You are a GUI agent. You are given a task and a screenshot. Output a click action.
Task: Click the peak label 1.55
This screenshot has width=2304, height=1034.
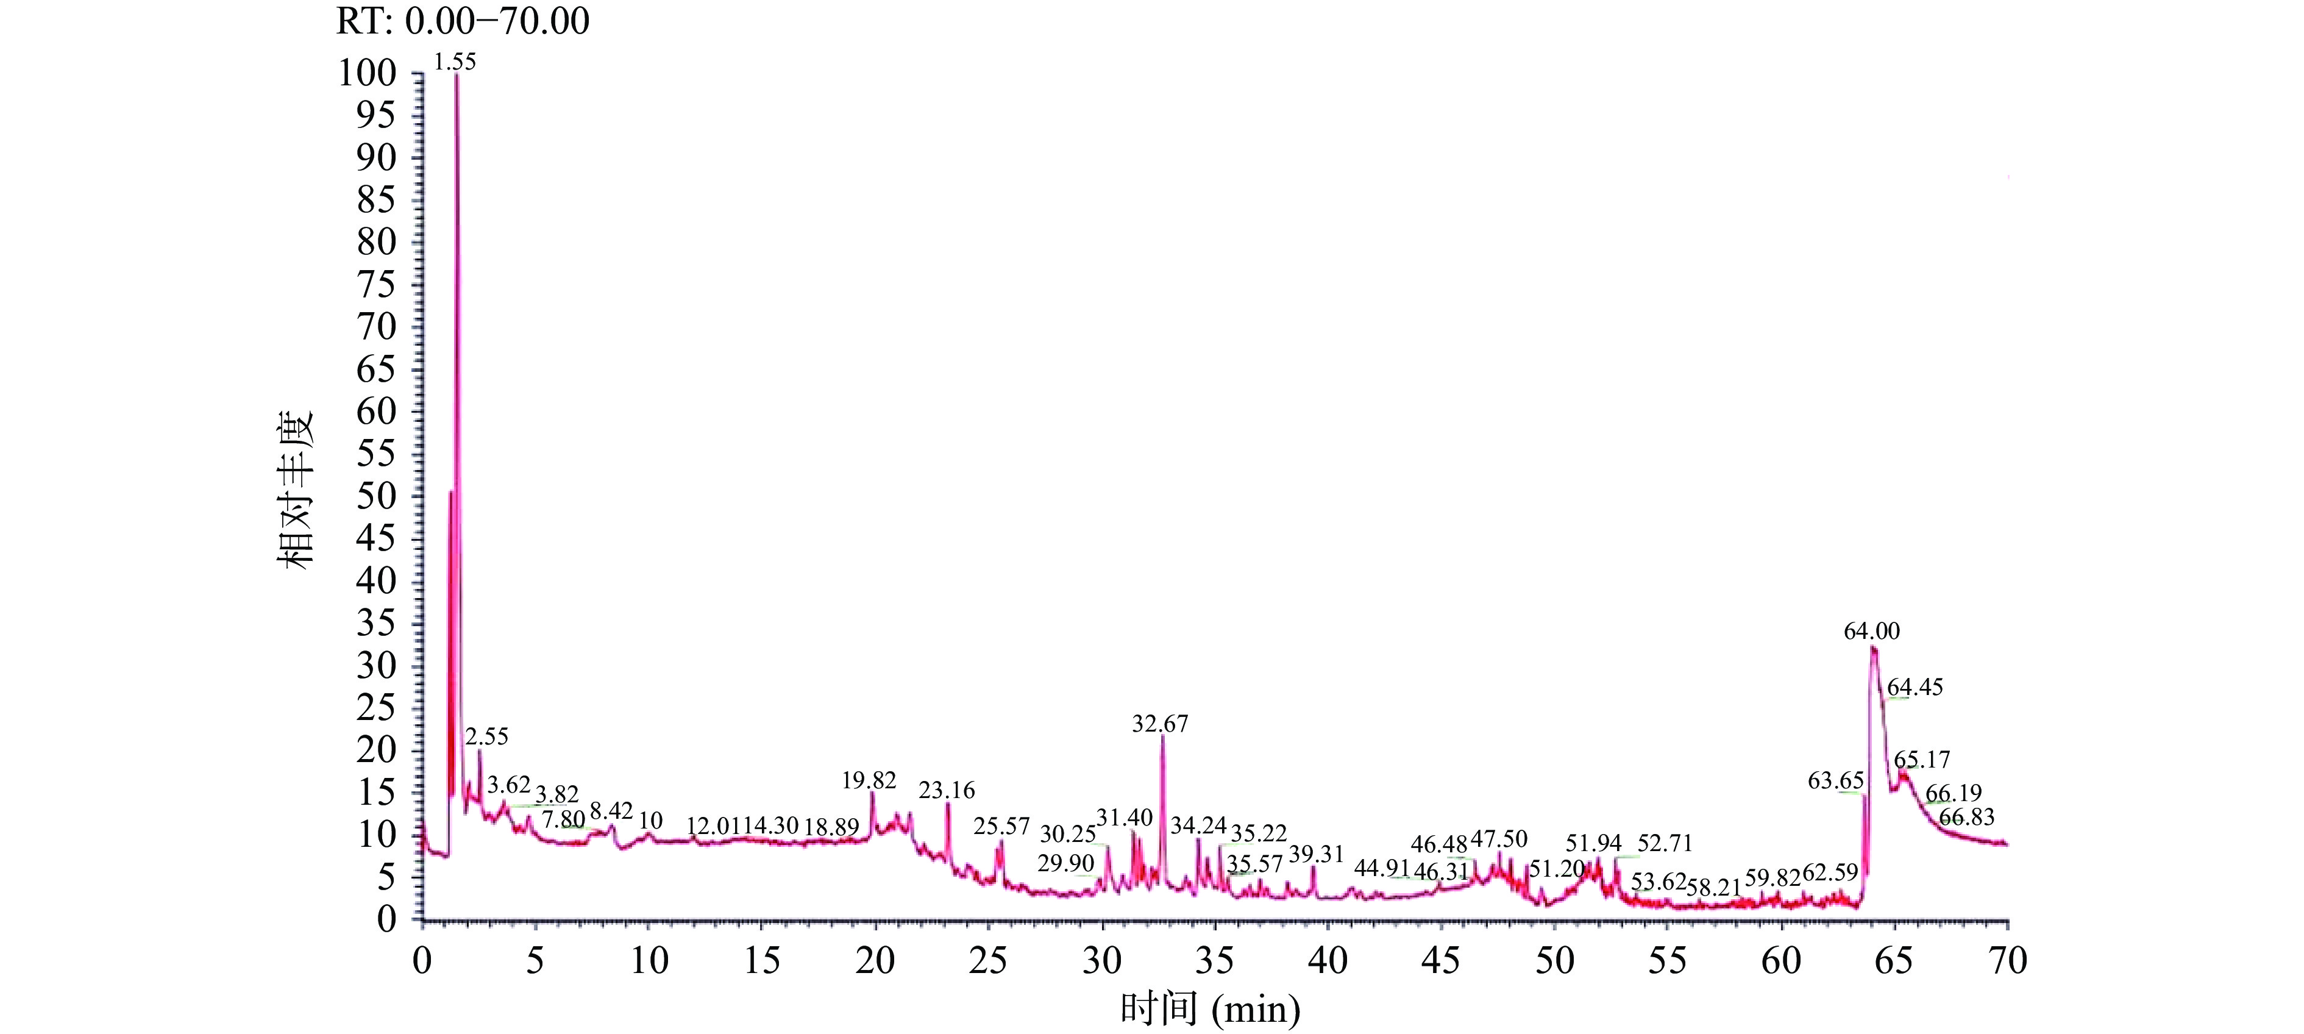[x=455, y=62]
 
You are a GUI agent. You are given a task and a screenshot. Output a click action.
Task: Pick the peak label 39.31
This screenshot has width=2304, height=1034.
[x=1316, y=854]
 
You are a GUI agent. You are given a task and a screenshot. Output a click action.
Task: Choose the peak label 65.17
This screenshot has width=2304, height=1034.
[x=1922, y=760]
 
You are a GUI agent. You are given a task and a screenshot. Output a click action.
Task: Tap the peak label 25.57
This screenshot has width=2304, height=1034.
[x=1001, y=825]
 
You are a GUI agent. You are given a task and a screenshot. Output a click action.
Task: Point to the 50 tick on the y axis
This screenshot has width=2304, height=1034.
[x=375, y=496]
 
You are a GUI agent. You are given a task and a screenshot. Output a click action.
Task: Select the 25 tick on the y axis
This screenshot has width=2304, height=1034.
[x=375, y=708]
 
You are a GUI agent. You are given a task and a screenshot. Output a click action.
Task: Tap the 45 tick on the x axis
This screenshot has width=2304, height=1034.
[x=1441, y=961]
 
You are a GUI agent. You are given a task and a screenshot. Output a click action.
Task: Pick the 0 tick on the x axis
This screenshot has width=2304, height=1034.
[x=422, y=961]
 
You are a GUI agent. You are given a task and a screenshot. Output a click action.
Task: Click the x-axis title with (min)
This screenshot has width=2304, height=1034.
[x=1210, y=1010]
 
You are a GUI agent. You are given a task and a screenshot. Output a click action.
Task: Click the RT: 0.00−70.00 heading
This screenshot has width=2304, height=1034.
[x=463, y=21]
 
